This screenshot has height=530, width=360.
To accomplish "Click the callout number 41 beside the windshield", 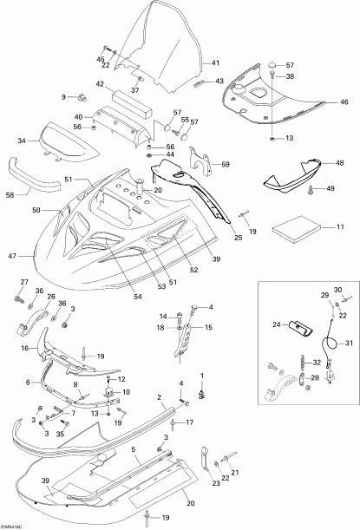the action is [215, 62].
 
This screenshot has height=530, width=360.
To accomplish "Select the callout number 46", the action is [344, 101].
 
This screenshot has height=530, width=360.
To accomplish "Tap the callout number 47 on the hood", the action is [12, 256].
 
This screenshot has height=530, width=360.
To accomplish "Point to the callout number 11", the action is [340, 226].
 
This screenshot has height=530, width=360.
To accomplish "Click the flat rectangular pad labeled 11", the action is [296, 232].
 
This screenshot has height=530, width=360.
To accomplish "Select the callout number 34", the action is [22, 141].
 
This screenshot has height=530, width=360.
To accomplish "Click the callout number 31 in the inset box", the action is [349, 344].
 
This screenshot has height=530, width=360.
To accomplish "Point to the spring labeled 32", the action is [304, 362].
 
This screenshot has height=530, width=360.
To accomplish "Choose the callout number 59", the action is [226, 164].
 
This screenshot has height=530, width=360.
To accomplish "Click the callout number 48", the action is [340, 163].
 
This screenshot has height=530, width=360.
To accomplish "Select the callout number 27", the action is [24, 282].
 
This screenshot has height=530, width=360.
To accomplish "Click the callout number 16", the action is [25, 348].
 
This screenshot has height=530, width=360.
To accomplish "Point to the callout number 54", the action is [138, 297].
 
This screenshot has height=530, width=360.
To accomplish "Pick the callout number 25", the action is [239, 238].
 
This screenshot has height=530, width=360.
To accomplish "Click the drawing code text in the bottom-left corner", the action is [10, 527].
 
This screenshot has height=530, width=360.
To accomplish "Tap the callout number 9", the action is [63, 97].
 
